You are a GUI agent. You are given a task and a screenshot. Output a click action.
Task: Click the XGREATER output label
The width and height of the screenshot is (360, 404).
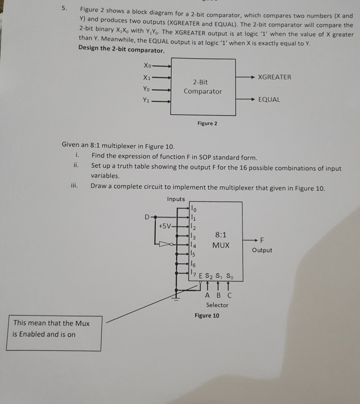[x=274, y=77]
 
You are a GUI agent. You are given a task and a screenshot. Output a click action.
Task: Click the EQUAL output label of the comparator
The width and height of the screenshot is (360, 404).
[x=269, y=100]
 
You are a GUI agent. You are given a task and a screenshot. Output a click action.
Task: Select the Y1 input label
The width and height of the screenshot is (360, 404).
[x=147, y=100]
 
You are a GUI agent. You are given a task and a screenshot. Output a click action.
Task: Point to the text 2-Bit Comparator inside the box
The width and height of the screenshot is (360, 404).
[x=203, y=87]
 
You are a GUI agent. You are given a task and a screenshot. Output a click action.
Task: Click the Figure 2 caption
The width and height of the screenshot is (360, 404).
[x=207, y=123]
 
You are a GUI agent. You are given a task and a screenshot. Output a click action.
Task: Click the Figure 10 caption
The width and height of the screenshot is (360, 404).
[x=207, y=315]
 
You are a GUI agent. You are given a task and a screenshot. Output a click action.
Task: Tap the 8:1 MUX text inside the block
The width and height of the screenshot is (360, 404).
[x=221, y=240]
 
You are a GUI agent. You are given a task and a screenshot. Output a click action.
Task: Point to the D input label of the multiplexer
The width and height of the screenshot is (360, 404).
[x=147, y=217]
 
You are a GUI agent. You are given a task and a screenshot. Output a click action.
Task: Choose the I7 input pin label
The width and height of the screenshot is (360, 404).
[x=193, y=273]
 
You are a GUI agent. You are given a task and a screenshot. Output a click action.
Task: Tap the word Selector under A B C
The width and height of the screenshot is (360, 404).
[x=217, y=305]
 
